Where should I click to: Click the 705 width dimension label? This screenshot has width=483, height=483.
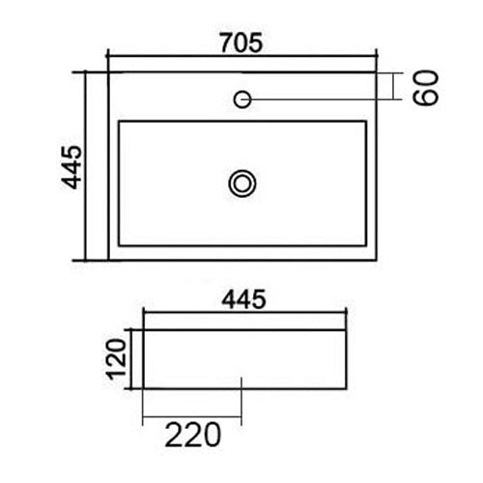(x=242, y=43)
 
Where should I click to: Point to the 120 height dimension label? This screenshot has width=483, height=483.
(x=117, y=359)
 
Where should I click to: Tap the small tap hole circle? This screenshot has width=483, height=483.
(x=242, y=99)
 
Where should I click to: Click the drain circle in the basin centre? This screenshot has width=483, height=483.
(x=241, y=182)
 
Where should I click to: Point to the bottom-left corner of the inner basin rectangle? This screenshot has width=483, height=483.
(x=118, y=243)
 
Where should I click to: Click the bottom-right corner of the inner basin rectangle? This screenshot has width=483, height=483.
(x=368, y=243)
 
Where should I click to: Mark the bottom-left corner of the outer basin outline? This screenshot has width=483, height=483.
(x=108, y=260)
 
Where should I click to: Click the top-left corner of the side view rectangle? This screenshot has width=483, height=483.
(x=143, y=328)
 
